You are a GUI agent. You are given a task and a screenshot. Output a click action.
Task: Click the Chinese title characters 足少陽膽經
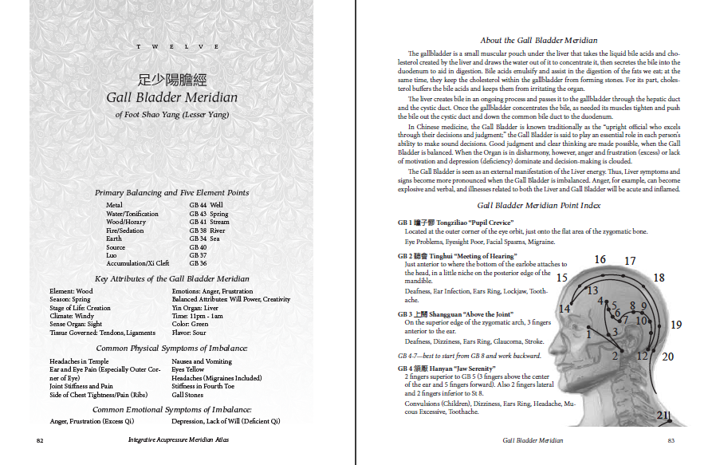172,80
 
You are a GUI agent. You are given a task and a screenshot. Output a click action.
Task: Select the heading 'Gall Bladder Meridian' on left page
172,98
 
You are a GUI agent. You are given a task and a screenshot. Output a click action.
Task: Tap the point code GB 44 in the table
198,205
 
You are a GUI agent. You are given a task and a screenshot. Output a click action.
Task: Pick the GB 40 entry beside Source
198,247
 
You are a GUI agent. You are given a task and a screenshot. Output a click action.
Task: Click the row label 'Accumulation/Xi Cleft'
137,263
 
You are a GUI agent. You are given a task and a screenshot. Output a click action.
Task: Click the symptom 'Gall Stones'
187,395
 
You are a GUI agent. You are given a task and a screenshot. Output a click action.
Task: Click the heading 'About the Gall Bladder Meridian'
539,40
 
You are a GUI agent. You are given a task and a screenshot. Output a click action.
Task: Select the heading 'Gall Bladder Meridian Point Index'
539,206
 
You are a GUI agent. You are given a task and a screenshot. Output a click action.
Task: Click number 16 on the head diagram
600,259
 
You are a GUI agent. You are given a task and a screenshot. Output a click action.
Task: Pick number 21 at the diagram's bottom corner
663,415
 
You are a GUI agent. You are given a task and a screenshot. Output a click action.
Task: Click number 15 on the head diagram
562,278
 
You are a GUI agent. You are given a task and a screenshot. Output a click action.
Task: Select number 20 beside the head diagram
667,357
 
